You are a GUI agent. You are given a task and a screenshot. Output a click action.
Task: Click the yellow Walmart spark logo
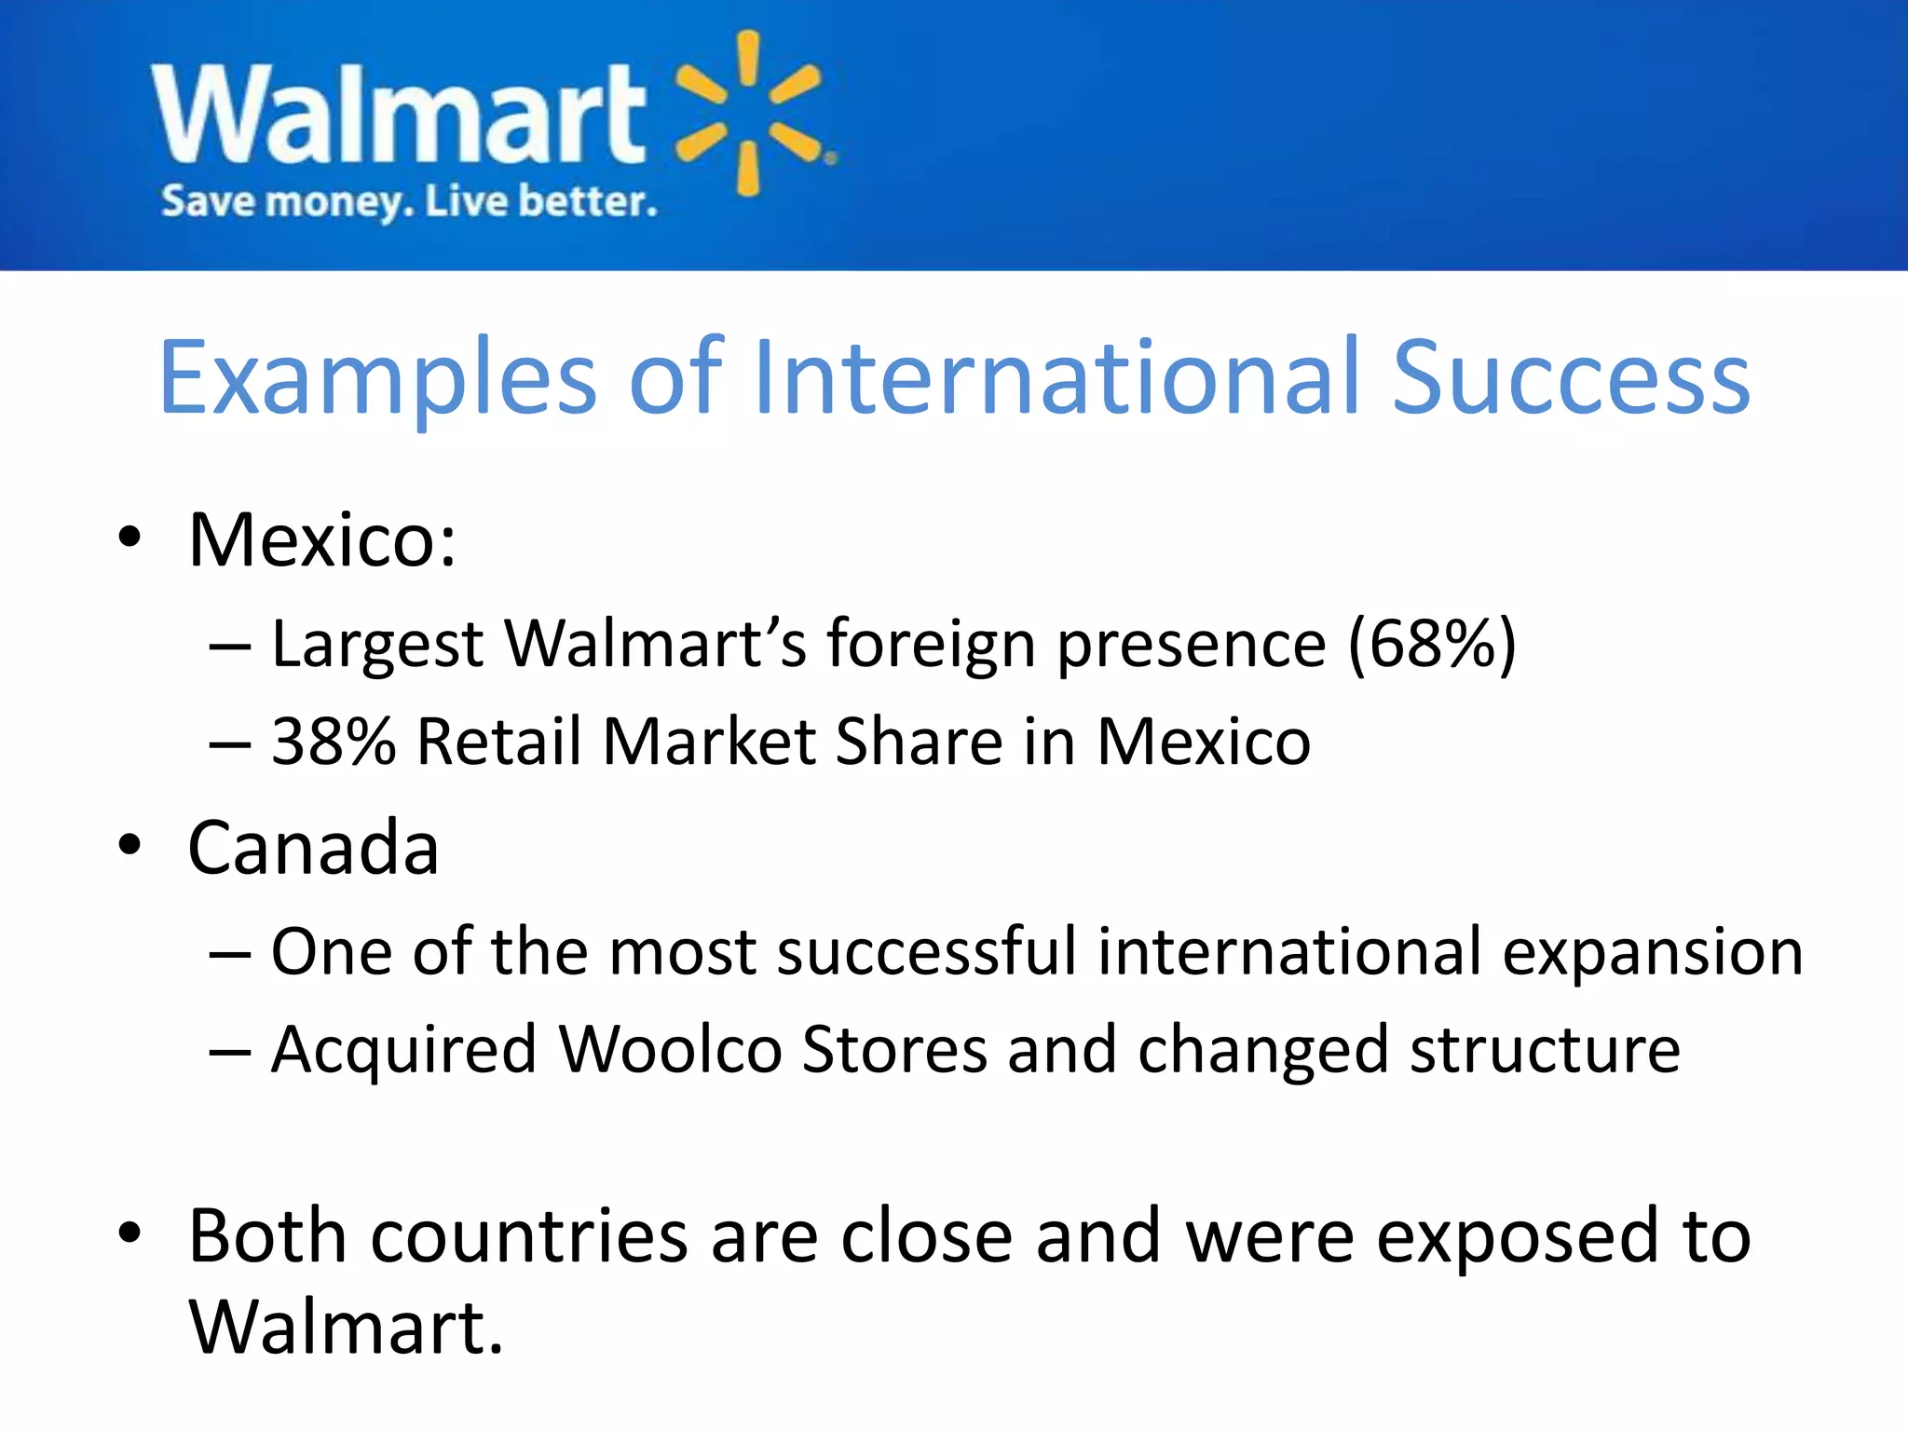click(750, 114)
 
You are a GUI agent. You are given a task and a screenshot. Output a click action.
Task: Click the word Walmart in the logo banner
click(399, 114)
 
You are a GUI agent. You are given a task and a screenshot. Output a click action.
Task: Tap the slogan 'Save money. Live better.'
click(409, 201)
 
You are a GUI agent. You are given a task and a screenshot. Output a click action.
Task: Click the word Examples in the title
click(378, 377)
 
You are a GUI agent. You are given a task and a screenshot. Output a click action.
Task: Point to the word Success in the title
click(1571, 377)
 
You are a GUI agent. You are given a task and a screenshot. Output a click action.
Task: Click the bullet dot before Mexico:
click(129, 538)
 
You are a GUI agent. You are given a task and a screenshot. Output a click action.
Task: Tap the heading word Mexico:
click(322, 540)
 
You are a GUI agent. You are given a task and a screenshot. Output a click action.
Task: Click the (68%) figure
click(1432, 644)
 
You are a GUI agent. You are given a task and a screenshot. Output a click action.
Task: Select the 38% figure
click(334, 743)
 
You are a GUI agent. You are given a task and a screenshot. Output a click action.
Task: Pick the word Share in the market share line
click(919, 743)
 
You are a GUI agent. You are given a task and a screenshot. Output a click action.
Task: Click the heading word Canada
click(313, 848)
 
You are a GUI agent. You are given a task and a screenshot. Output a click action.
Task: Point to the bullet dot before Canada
click(129, 845)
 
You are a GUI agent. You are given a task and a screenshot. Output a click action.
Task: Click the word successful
click(926, 952)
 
